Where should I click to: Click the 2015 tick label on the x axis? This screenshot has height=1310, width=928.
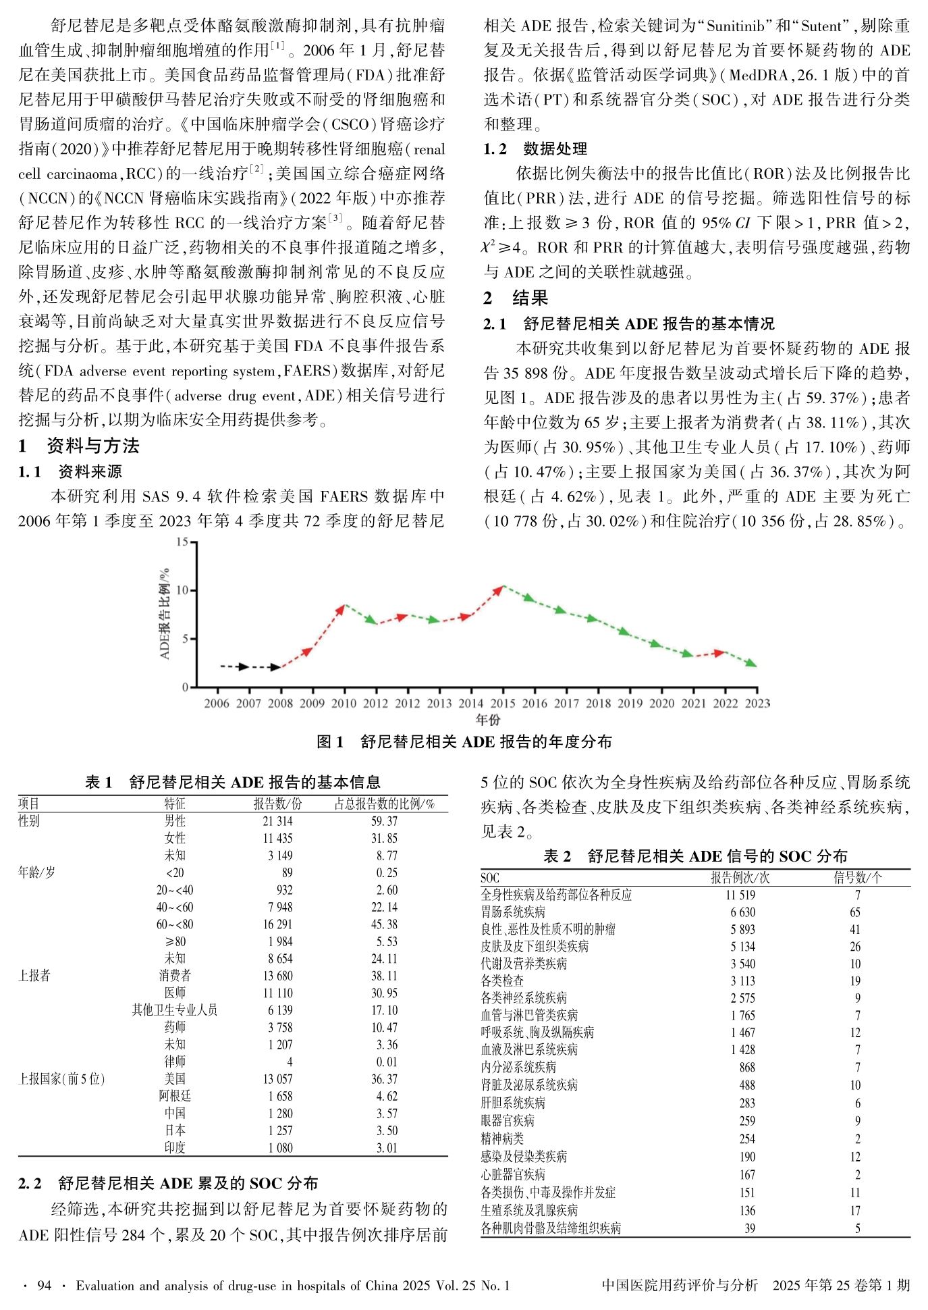[503, 704]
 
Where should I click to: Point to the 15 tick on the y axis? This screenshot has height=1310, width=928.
[182, 542]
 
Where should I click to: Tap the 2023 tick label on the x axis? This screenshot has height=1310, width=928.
[757, 704]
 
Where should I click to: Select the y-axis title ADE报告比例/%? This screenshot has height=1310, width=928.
[165, 614]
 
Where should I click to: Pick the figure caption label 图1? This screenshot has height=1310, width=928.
[330, 742]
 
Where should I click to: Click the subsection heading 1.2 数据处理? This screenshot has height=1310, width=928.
[535, 149]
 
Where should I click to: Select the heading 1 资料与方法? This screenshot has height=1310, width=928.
[80, 446]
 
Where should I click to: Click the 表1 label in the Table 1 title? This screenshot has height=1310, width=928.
[99, 783]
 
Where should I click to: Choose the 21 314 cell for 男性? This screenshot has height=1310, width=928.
[277, 821]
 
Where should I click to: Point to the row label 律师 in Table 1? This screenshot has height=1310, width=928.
[175, 1062]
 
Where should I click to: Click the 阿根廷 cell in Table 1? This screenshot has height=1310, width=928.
[175, 1096]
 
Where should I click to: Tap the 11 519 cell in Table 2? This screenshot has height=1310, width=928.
[740, 895]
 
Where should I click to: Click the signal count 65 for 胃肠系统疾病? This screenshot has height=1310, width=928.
[855, 912]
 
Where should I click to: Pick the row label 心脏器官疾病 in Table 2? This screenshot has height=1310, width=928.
[513, 1174]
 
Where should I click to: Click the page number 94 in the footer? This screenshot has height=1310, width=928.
[45, 1286]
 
